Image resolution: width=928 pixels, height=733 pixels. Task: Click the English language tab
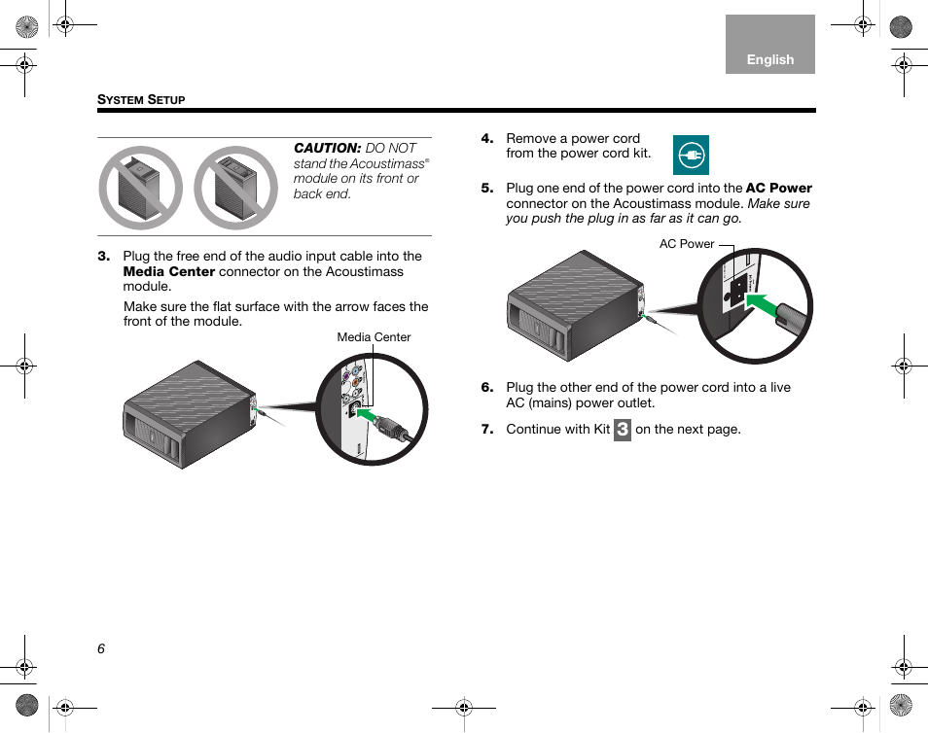coord(769,59)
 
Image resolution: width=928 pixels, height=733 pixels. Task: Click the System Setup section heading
coord(141,100)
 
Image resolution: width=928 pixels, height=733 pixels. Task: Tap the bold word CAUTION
coord(328,148)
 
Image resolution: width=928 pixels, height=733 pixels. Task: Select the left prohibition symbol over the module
coord(141,188)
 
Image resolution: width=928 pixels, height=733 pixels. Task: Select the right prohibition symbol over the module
coord(235,188)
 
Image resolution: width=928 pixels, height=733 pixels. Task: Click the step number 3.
coord(103,257)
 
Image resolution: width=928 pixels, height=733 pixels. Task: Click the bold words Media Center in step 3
coord(168,271)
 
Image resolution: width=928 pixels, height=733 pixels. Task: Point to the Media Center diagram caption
coord(374,337)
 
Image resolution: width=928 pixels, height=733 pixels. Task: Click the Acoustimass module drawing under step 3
coord(188,415)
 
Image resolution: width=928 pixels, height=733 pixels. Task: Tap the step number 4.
coord(486,139)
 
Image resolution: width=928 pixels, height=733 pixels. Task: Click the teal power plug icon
coord(691,156)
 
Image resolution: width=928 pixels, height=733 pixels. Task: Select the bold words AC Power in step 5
coord(778,189)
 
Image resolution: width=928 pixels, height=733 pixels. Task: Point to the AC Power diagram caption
coord(687,244)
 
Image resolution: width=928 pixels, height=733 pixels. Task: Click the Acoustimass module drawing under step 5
coord(574,306)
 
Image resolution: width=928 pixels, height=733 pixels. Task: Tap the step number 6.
coord(486,388)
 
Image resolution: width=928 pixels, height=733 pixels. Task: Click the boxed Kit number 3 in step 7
coord(623,430)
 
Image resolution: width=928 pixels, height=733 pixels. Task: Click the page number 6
coord(101,649)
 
